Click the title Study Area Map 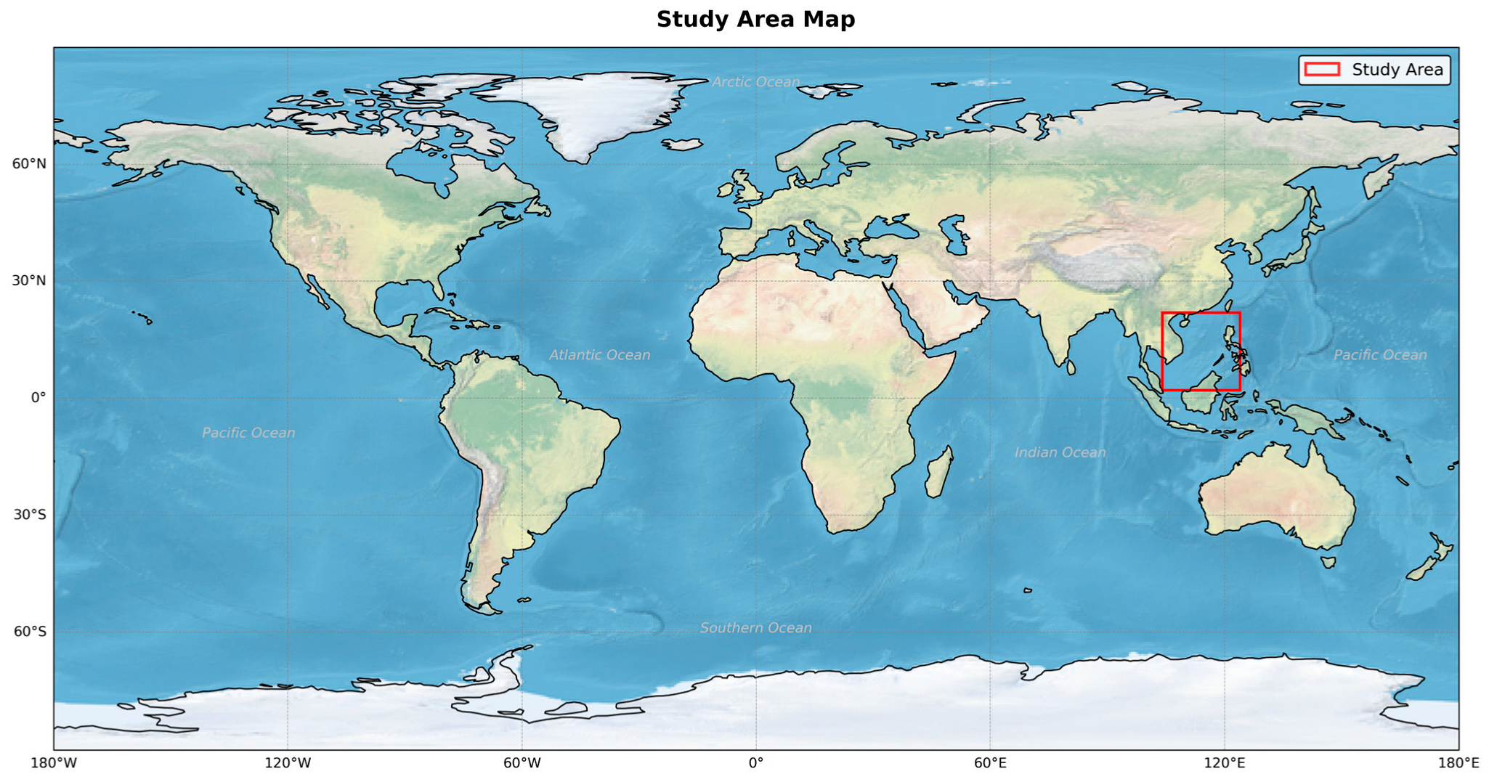pos(755,20)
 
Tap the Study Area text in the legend pos(1397,70)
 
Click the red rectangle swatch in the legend pos(1322,70)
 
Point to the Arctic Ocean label pos(755,82)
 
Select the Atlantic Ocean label pos(599,355)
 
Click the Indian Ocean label pos(1060,452)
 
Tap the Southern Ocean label pos(755,628)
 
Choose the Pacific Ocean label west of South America pos(248,433)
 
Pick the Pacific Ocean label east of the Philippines pos(1379,355)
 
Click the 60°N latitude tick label pos(29,164)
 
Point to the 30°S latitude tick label pos(30,515)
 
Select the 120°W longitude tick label pos(288,763)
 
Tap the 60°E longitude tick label pos(990,763)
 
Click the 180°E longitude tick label pos(1458,763)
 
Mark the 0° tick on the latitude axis pos(38,398)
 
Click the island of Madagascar pos(939,473)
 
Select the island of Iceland pos(683,144)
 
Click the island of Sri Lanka pos(1071,367)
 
